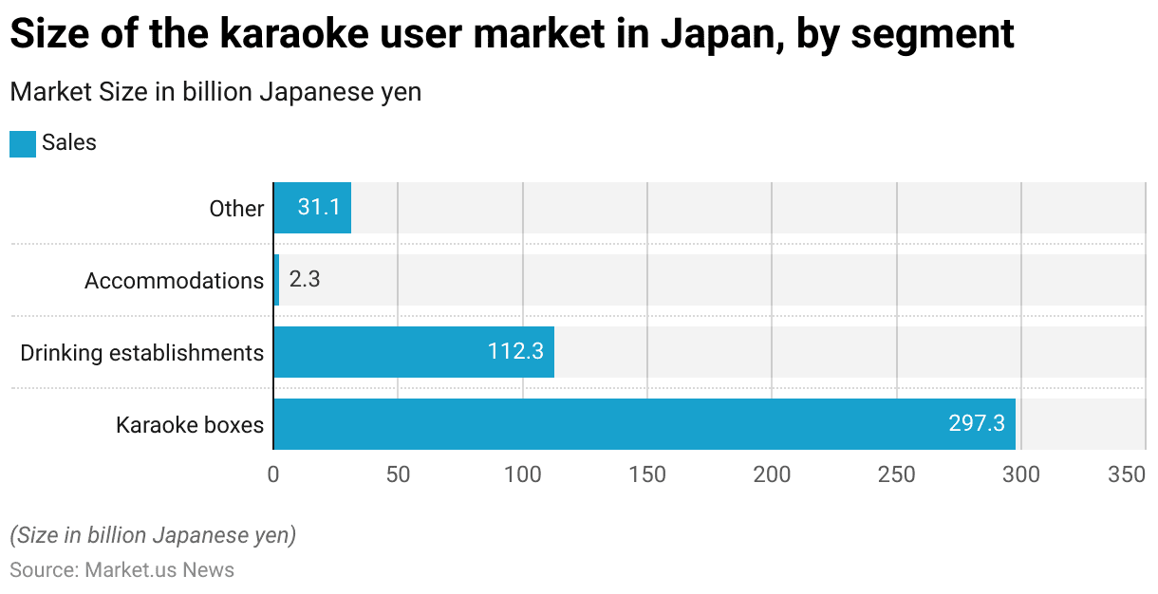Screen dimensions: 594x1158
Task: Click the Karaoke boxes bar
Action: click(x=644, y=424)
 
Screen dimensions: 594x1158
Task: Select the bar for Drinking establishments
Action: click(x=413, y=352)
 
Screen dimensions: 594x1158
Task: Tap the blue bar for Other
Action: click(x=311, y=208)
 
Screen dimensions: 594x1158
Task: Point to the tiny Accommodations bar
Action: click(x=276, y=280)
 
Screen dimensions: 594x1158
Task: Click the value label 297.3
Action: click(x=976, y=424)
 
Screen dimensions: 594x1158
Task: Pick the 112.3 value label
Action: click(x=515, y=352)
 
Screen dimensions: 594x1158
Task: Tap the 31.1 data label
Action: click(x=319, y=208)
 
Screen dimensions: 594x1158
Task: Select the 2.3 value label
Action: click(x=304, y=280)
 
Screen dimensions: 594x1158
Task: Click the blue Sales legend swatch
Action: click(x=23, y=143)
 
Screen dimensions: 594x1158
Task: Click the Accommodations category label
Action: click(x=174, y=281)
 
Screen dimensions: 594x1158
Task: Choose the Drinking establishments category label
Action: click(x=141, y=353)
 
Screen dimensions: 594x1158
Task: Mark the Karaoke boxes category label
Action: click(x=190, y=425)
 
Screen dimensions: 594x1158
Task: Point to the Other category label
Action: click(x=236, y=209)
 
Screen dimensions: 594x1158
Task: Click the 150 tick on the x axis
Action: click(x=647, y=474)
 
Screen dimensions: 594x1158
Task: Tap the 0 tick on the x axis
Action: click(x=273, y=474)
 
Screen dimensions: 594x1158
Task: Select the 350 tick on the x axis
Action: click(x=1127, y=474)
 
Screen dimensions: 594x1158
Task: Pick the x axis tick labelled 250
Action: click(x=897, y=474)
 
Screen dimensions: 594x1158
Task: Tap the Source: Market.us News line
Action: click(x=122, y=570)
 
